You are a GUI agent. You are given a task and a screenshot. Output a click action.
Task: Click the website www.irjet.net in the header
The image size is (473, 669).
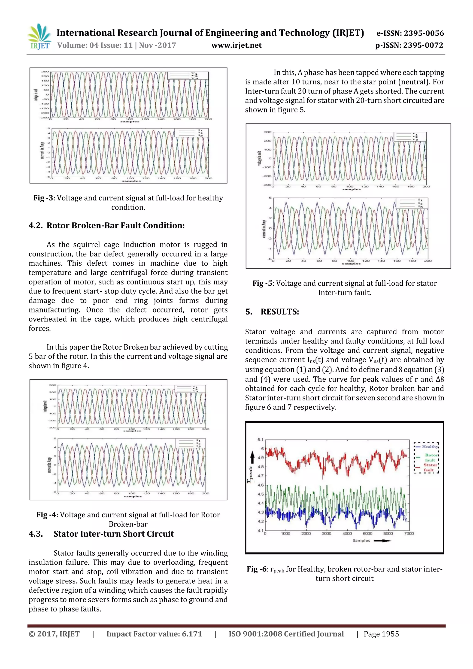point(236,45)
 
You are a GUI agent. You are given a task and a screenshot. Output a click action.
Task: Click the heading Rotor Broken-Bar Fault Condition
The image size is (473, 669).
point(115,226)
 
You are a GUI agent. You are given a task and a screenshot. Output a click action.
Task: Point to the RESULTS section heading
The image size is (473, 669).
point(279,312)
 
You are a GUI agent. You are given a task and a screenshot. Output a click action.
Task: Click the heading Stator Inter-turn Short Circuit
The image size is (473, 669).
point(113,534)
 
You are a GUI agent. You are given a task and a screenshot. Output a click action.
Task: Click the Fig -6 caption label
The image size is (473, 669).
point(256,569)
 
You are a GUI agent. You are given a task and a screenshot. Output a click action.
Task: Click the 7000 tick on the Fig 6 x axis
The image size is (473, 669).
point(409,533)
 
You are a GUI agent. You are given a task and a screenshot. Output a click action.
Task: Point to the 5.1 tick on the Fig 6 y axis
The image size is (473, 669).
point(260,440)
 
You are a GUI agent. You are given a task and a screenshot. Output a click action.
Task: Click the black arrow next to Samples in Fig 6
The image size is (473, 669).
point(382,541)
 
